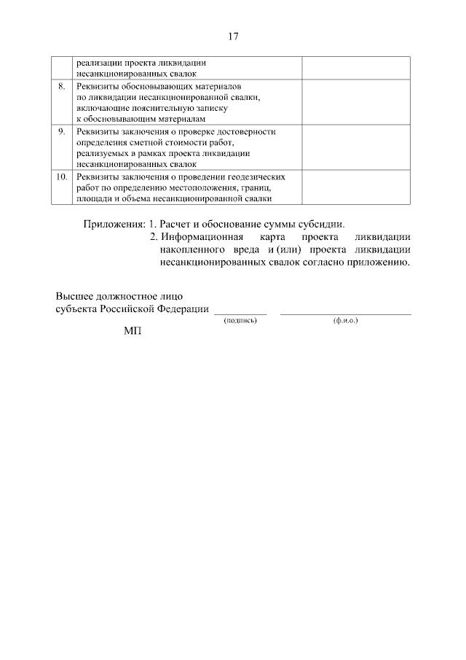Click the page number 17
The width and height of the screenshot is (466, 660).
tap(233, 36)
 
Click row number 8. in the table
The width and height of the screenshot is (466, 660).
tap(62, 87)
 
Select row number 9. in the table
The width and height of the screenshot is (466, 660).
tap(62, 131)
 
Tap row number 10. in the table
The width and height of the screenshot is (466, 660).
tap(62, 176)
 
